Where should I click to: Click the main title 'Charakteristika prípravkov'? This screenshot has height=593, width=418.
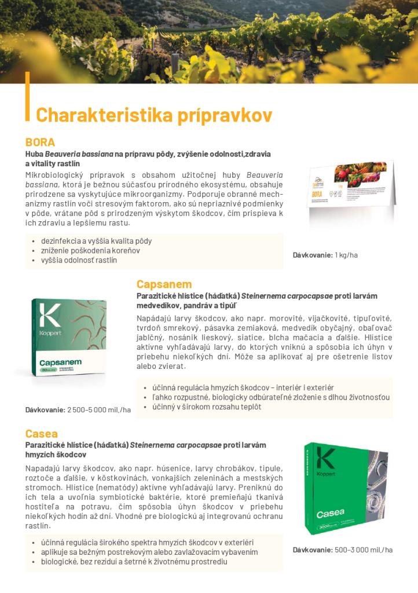(153, 114)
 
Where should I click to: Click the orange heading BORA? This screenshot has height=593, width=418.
(40, 142)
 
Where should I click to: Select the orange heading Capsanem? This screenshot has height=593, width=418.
(164, 284)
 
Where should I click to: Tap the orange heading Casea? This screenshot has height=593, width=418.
(41, 433)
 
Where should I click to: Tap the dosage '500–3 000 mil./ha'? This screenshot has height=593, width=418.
(364, 550)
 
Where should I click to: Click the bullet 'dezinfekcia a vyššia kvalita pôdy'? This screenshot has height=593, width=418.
(96, 240)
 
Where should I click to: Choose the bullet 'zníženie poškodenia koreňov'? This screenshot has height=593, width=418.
(90, 250)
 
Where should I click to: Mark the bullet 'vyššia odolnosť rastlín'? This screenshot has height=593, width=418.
(79, 260)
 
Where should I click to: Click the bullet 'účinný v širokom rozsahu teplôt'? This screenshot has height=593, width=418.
(207, 407)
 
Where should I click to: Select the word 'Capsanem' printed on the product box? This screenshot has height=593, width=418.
(60, 363)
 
